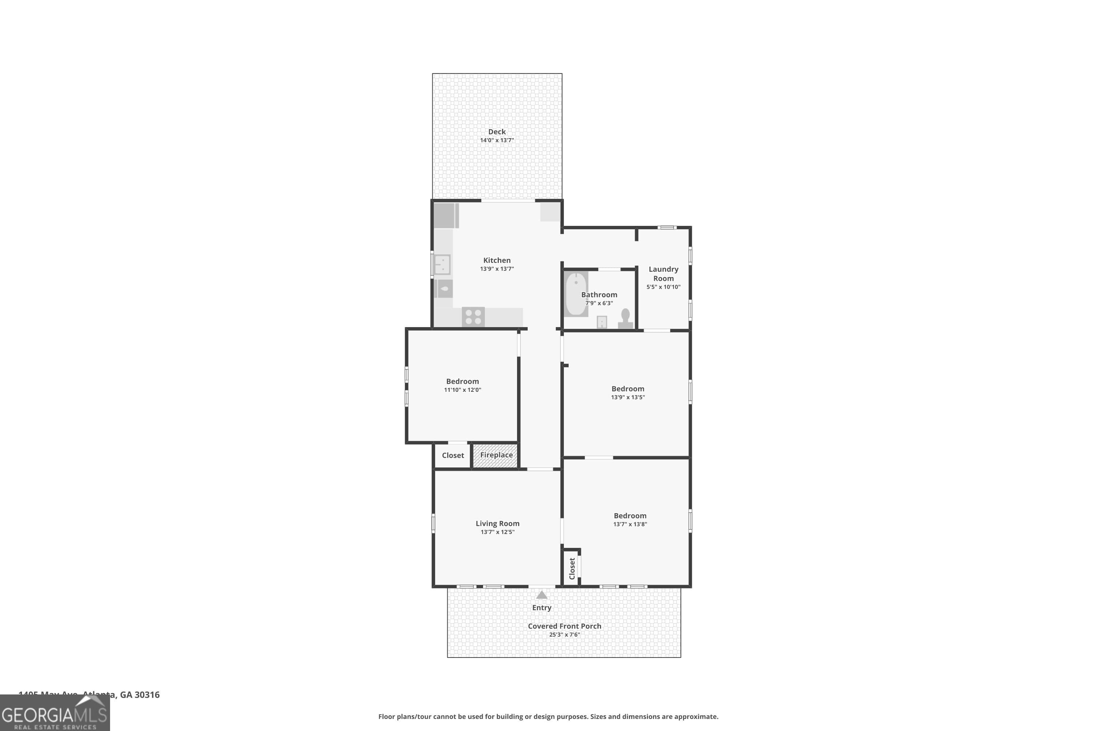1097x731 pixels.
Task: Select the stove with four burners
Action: pyautogui.click(x=473, y=317)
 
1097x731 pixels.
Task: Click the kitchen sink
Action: pyautogui.click(x=442, y=264)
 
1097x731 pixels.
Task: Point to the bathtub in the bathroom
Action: pyautogui.click(x=576, y=294)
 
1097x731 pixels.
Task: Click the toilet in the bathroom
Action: pyautogui.click(x=625, y=319)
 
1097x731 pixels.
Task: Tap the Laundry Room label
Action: pyautogui.click(x=663, y=274)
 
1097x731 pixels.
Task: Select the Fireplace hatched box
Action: pyautogui.click(x=495, y=455)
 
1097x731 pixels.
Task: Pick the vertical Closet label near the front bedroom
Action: pyautogui.click(x=572, y=568)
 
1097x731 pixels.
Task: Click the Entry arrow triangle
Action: pyautogui.click(x=542, y=595)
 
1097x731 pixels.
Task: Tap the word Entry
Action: pyautogui.click(x=542, y=607)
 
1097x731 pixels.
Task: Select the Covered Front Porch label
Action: pyautogui.click(x=564, y=626)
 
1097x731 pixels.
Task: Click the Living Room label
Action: pyautogui.click(x=497, y=523)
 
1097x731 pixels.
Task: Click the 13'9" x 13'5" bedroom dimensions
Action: pyautogui.click(x=628, y=398)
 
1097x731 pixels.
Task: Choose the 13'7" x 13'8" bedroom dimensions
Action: pyautogui.click(x=630, y=524)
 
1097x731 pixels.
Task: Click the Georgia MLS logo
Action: pyautogui.click(x=54, y=713)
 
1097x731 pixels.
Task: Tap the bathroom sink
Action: pyautogui.click(x=602, y=322)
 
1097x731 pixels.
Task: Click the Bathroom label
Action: pyautogui.click(x=599, y=295)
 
